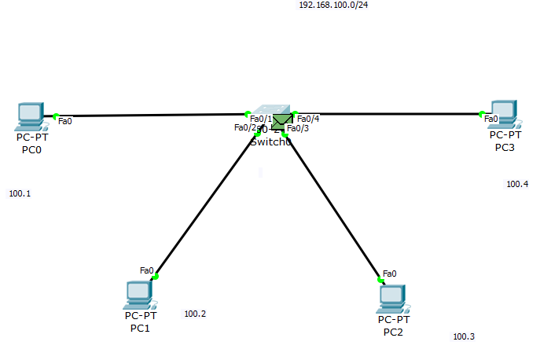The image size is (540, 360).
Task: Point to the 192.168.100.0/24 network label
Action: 333,5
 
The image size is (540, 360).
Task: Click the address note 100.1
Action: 20,193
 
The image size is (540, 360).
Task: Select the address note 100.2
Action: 195,314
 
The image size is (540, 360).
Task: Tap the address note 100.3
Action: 464,336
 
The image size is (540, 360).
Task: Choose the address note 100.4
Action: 517,184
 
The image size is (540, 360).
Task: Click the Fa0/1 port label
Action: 260,119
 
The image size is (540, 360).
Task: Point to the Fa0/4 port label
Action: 308,119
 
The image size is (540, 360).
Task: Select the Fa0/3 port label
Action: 298,128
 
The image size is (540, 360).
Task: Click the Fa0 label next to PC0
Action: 65,121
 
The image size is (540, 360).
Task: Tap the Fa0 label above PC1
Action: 146,270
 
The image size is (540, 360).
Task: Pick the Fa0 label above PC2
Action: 389,274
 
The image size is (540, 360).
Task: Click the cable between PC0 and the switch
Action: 149,116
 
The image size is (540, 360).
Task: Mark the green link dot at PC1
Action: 156,277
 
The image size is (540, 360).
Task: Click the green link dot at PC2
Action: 380,279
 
